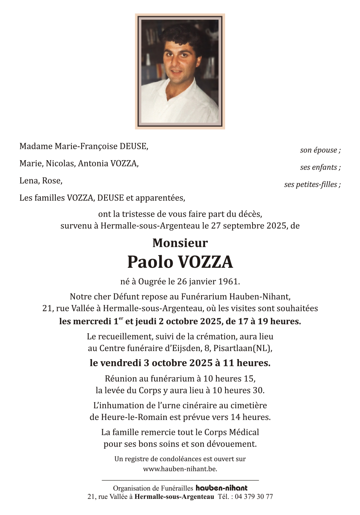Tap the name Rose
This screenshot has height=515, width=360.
click(x=53, y=181)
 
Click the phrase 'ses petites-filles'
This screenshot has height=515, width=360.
click(x=312, y=184)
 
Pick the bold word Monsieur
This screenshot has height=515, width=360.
click(x=180, y=243)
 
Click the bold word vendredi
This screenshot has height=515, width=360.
click(x=120, y=363)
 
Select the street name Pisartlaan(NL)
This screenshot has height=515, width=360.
click(x=248, y=348)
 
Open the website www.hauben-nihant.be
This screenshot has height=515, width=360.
click(x=180, y=469)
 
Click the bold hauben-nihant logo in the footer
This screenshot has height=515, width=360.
click(x=222, y=488)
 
